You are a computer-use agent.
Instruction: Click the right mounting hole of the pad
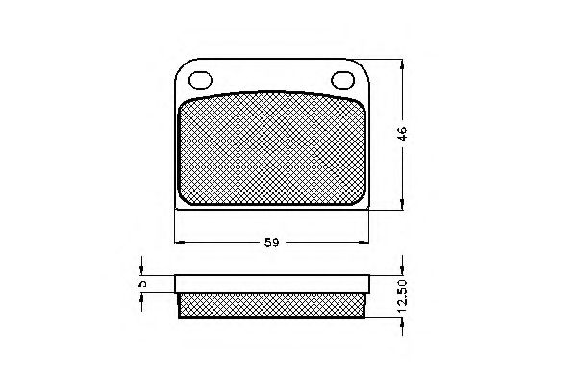343,79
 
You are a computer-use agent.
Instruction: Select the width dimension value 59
271,243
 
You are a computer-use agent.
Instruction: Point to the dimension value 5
141,284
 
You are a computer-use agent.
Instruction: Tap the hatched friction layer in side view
272,305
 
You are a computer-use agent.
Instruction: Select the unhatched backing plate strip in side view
272,283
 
